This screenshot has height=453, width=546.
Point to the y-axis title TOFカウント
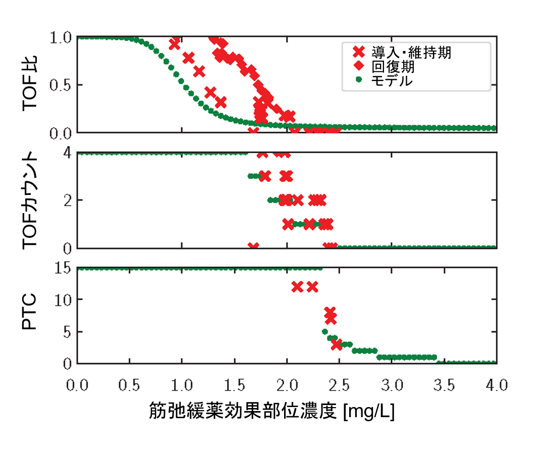coord(31,200)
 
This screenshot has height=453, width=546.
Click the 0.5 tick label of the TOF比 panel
coord(62,85)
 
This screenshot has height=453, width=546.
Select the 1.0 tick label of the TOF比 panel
coord(62,37)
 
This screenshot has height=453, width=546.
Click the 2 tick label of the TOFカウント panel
coord(68,200)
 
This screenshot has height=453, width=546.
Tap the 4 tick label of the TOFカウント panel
coord(68,153)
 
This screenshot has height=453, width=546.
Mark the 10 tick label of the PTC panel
coord(64,300)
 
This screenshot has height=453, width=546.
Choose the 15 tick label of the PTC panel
coord(64,269)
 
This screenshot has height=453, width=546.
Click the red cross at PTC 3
coord(337,344)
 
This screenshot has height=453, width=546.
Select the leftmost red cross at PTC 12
coord(297,287)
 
